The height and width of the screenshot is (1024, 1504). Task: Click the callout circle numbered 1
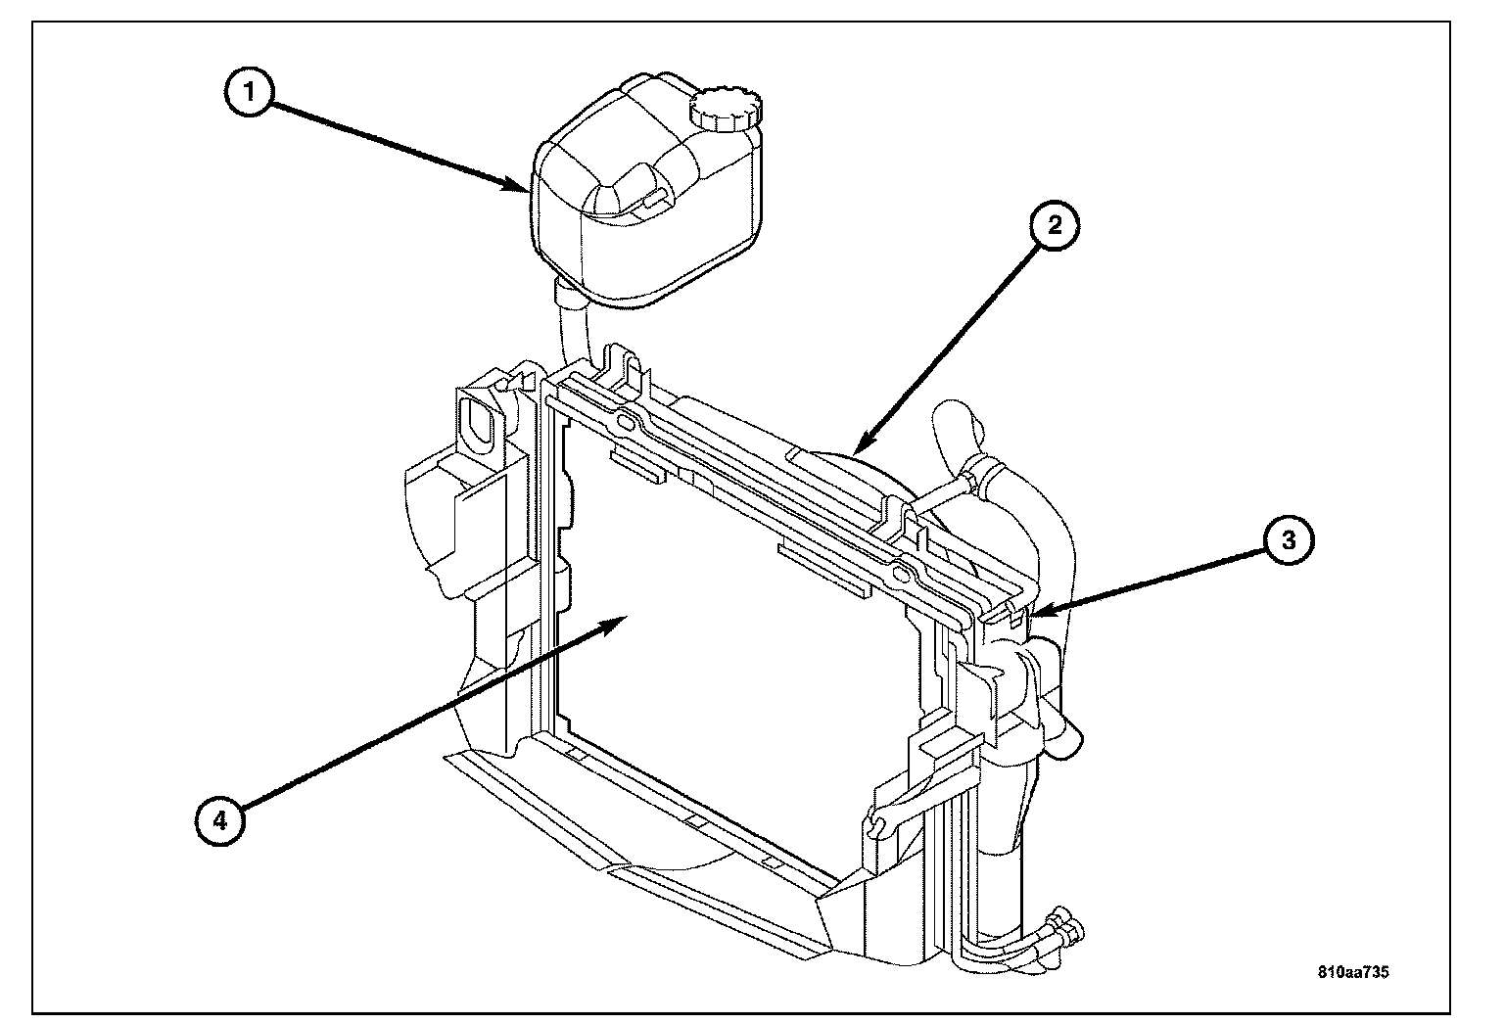249,92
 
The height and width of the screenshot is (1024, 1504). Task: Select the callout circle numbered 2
1055,225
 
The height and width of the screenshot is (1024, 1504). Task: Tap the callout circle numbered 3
1289,539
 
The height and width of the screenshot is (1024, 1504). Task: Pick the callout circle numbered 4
220,820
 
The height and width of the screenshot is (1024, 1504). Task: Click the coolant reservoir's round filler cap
726,110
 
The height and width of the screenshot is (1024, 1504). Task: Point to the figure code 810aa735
1353,971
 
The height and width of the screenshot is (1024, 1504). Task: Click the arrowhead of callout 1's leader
518,184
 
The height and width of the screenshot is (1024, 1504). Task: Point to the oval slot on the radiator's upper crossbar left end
627,424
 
